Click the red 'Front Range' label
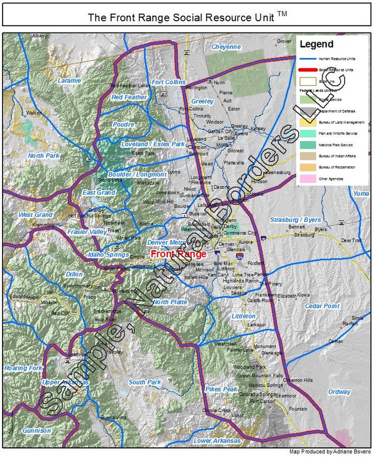pos(178,254)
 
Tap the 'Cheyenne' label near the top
pos(226,47)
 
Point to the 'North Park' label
pos(44,156)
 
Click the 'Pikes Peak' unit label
pos(221,389)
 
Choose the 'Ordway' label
pos(339,392)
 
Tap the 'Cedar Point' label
pos(322,306)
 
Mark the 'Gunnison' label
pos(37,430)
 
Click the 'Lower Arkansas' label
pos(217,441)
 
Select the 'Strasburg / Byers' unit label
pos(295,220)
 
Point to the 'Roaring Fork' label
pos(23,368)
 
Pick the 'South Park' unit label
pos(145,382)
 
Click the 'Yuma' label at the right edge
pos(361,193)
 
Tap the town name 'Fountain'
pos(298,408)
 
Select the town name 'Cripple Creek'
pos(216,410)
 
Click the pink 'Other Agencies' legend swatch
pos(306,179)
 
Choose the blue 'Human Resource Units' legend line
pos(306,59)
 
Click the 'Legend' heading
pos(316,44)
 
